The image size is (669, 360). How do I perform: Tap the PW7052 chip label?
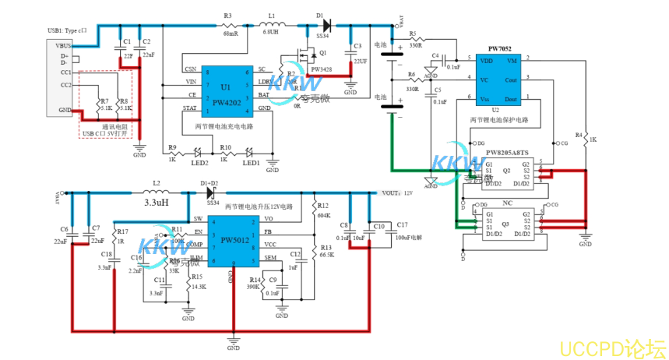tap(498, 48)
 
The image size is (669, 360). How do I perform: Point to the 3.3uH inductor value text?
tap(156, 202)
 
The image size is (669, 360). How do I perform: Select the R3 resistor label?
tap(227, 16)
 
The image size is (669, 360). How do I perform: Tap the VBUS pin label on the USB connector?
tap(62, 46)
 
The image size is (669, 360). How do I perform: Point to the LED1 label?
tap(250, 162)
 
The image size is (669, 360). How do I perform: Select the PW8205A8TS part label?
tap(507, 153)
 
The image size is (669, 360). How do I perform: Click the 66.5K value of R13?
tap(326, 255)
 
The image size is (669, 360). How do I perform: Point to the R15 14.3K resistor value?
tap(199, 287)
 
